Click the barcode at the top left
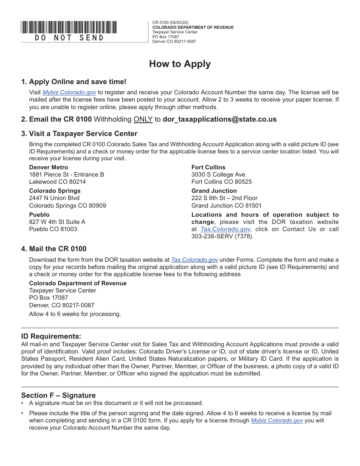tap(69, 27)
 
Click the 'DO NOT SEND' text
tap(69, 38)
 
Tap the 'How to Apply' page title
tap(180, 64)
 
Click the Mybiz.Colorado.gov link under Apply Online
tap(69, 92)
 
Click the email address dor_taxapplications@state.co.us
tap(219, 119)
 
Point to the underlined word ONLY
tap(143, 119)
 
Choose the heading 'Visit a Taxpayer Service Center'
tap(83, 134)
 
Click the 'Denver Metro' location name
tap(49, 167)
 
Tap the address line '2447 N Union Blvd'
tap(54, 198)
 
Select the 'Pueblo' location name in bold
tap(39, 215)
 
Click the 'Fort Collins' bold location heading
tap(208, 167)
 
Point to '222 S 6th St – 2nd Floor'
tap(224, 198)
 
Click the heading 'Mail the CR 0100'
tap(58, 249)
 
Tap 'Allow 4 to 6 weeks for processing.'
tap(75, 314)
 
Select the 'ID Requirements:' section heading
tap(51, 336)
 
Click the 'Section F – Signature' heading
tap(58, 396)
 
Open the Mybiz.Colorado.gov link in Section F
tap(277, 421)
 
